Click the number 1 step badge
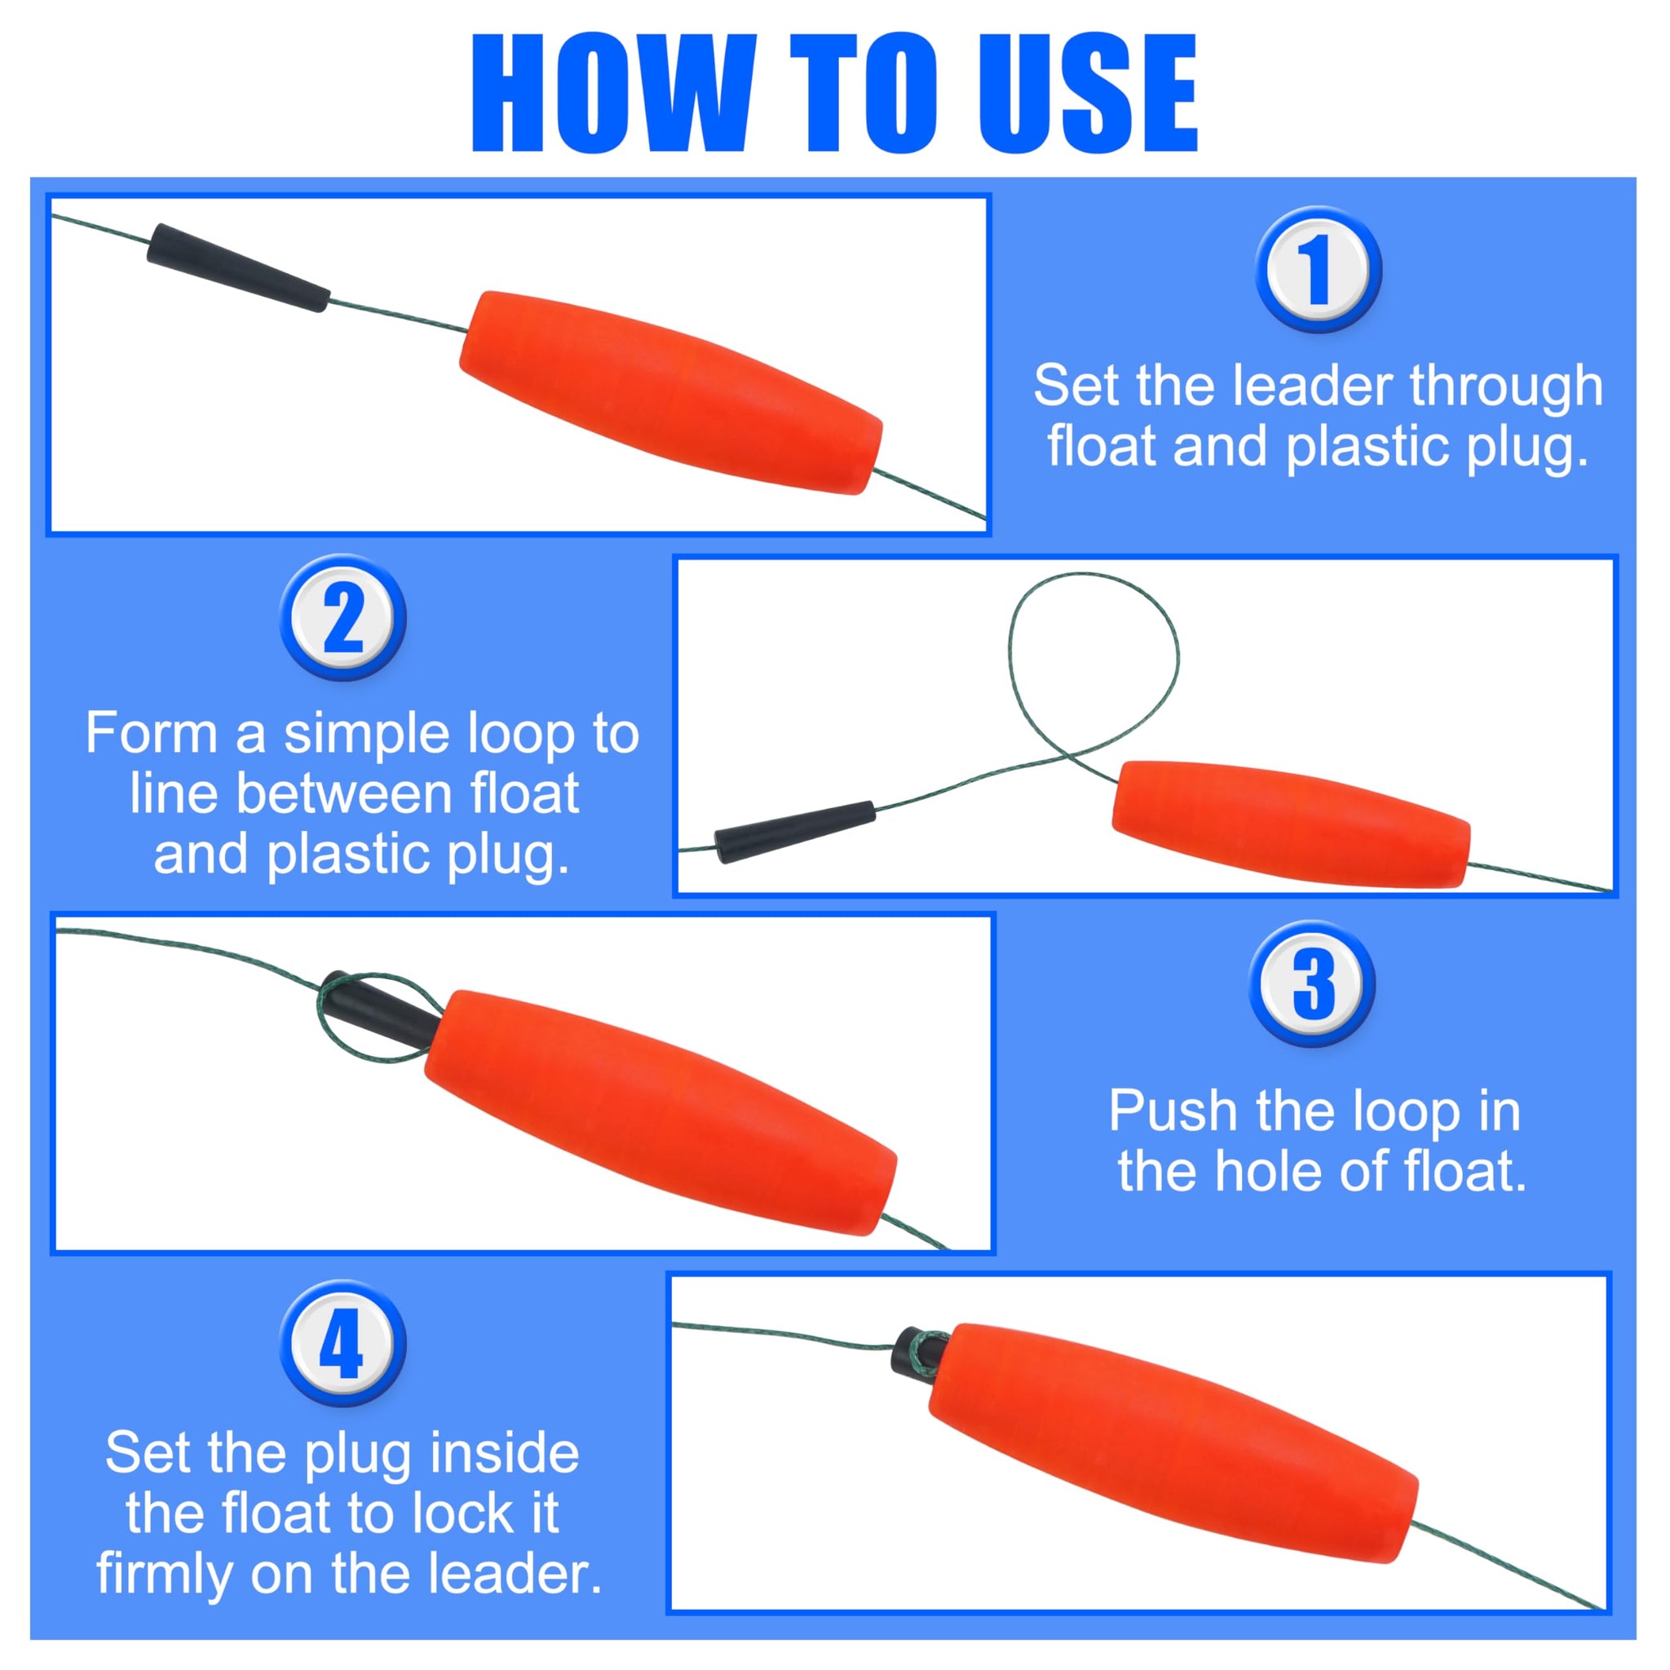coord(1319,269)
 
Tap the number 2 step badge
coord(343,617)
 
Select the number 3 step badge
coord(1312,983)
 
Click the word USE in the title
coord(1088,95)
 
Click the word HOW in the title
coord(616,95)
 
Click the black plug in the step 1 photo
coord(238,267)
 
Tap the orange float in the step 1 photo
coord(671,392)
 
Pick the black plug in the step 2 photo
coord(795,833)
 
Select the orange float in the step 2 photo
coord(1291,824)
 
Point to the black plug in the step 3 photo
coord(380,1007)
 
